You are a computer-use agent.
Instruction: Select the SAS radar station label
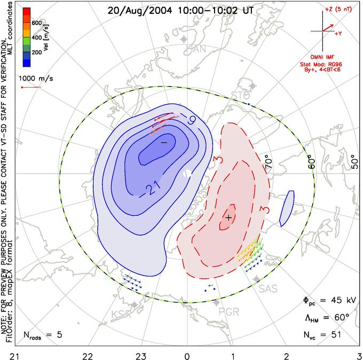click(x=269, y=288)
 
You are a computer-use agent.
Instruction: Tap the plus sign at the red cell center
click(x=229, y=217)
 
